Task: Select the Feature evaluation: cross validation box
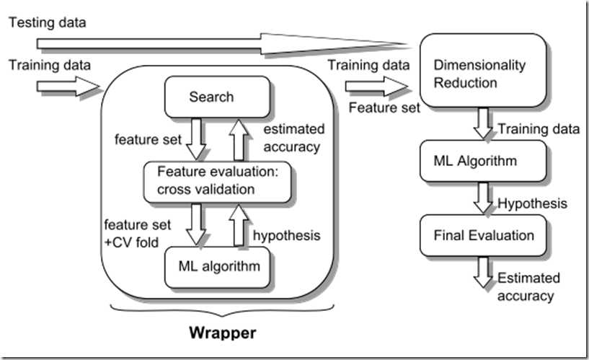tap(216, 182)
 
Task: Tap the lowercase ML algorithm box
tap(218, 266)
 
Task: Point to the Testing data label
tap(48, 22)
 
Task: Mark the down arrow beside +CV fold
tap(195, 224)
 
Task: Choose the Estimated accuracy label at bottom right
tap(524, 286)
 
